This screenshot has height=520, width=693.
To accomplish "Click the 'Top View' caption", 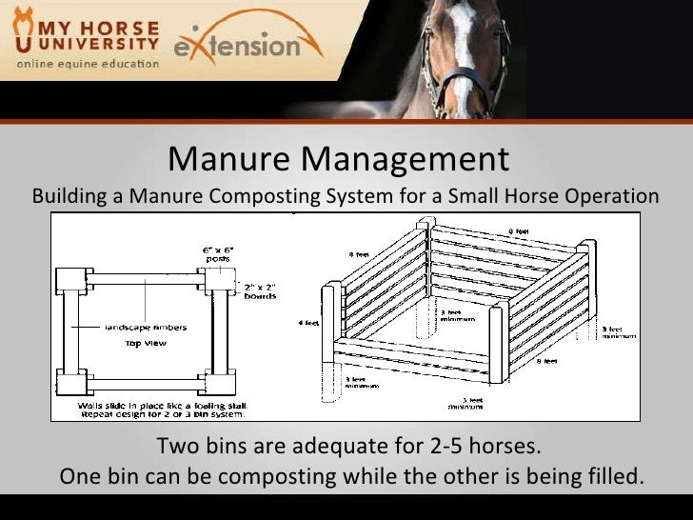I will click(x=144, y=343).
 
